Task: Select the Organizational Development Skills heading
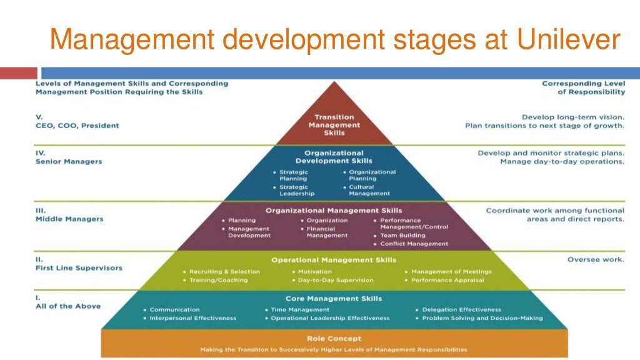pyautogui.click(x=334, y=157)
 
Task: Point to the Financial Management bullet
pyautogui.click(x=327, y=232)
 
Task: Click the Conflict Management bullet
pyautogui.click(x=414, y=244)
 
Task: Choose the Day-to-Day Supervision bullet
pyautogui.click(x=336, y=280)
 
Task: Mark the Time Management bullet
pyautogui.click(x=300, y=309)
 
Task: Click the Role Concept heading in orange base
pyautogui.click(x=334, y=338)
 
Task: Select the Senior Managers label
pyautogui.click(x=69, y=161)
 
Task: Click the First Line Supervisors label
pyautogui.click(x=79, y=267)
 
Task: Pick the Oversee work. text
pyautogui.click(x=595, y=259)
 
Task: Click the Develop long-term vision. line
pyautogui.click(x=572, y=117)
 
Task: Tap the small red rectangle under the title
pyautogui.click(x=19, y=73)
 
